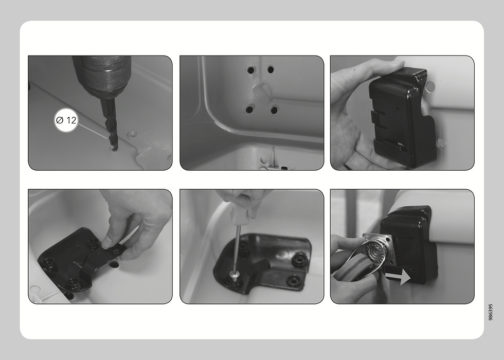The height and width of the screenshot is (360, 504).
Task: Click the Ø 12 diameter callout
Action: (x=66, y=120)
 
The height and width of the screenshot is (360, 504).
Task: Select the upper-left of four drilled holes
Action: (x=251, y=70)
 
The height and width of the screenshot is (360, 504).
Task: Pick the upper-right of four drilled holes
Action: (x=271, y=69)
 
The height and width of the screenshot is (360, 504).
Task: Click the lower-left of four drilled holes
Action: (x=249, y=109)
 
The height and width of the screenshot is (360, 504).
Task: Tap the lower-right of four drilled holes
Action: (x=274, y=110)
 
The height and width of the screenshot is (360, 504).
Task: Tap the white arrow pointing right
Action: (x=398, y=277)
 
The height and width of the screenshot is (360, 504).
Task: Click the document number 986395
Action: (x=490, y=312)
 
